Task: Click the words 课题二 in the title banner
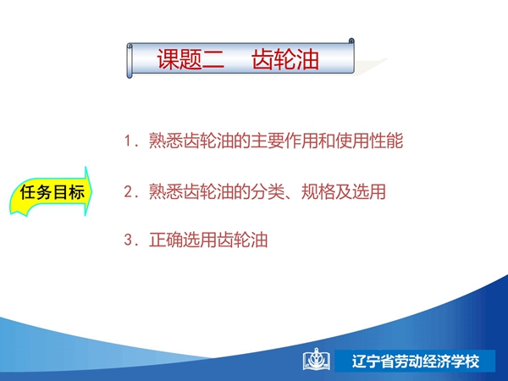(x=190, y=59)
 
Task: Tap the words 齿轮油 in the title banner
(x=285, y=59)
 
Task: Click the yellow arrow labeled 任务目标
(x=51, y=192)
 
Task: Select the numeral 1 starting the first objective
(x=128, y=141)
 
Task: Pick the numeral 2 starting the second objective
(x=128, y=191)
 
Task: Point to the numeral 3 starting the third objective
(x=128, y=240)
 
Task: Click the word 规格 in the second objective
(x=318, y=191)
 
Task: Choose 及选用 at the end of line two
(x=361, y=191)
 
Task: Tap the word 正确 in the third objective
(x=166, y=240)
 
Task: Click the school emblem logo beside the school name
(x=317, y=360)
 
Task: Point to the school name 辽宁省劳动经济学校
(x=416, y=362)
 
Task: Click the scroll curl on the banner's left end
(x=130, y=61)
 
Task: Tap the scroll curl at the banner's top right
(x=351, y=41)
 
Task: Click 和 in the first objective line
(x=327, y=141)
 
